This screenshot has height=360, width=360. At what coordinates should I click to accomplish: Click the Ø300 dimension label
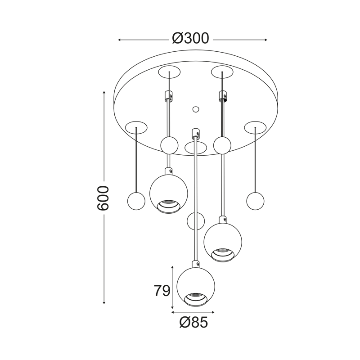coord(190,38)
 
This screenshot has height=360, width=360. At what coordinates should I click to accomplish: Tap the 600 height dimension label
coord(102,198)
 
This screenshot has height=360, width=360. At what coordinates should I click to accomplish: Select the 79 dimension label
coord(162,291)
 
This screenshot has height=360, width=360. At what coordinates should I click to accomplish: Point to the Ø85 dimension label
coord(193,322)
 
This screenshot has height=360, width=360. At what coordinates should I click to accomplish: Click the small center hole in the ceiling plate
coord(195,109)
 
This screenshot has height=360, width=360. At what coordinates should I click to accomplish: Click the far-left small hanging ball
coord(136,201)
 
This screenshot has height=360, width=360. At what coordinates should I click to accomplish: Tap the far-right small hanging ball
coord(255,201)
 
